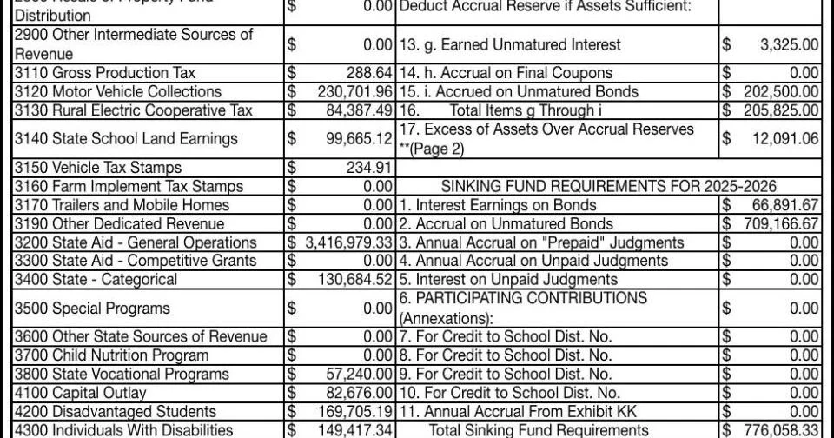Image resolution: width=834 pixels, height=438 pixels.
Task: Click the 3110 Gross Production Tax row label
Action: point(104,73)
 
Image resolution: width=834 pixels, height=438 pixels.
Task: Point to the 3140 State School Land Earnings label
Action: point(125,138)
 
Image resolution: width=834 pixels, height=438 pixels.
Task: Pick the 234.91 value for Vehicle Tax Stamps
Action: point(370,167)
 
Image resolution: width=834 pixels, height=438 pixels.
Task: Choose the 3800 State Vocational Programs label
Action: point(121,374)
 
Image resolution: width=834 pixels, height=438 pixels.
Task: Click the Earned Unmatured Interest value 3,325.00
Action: point(789,44)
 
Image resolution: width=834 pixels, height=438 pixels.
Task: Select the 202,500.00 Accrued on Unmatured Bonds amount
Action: point(781,91)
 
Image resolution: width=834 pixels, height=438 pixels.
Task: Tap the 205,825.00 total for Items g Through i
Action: point(781,110)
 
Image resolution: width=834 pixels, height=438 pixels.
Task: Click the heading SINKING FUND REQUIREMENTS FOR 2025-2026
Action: point(608,186)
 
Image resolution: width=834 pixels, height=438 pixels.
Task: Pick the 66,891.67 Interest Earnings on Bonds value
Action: point(785,205)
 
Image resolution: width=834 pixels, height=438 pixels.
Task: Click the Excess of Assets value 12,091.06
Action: point(785,138)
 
